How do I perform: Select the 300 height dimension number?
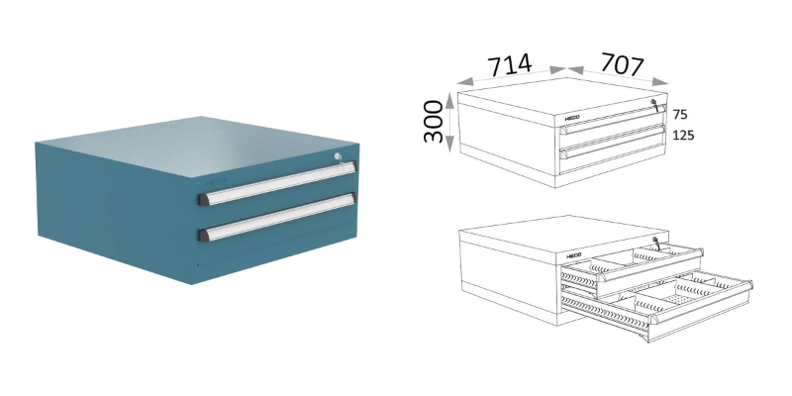pos(433,121)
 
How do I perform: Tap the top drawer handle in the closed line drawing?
pos(611,124)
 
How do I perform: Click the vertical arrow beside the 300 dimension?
pos(450,122)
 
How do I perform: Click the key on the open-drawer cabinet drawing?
pos(653,241)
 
